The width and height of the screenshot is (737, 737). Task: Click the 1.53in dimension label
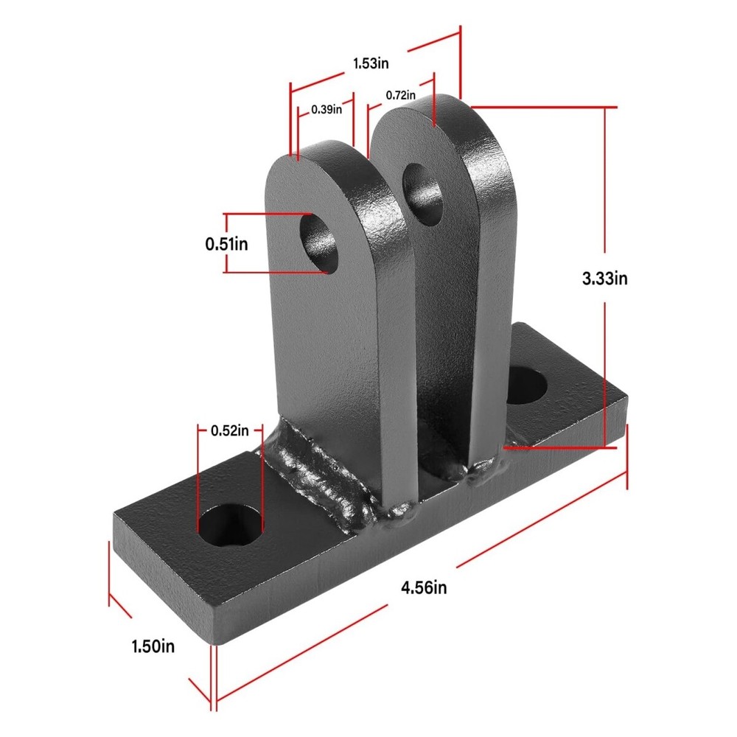pyautogui.click(x=371, y=64)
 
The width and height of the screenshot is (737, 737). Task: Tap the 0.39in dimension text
pyautogui.click(x=326, y=109)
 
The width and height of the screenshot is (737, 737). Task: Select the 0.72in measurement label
pyautogui.click(x=400, y=95)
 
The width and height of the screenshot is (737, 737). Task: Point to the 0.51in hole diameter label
pyautogui.click(x=226, y=243)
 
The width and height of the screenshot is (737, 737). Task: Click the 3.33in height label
pyautogui.click(x=604, y=279)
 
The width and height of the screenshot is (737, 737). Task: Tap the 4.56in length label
pyautogui.click(x=424, y=587)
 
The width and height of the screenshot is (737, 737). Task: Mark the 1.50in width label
pyautogui.click(x=153, y=646)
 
